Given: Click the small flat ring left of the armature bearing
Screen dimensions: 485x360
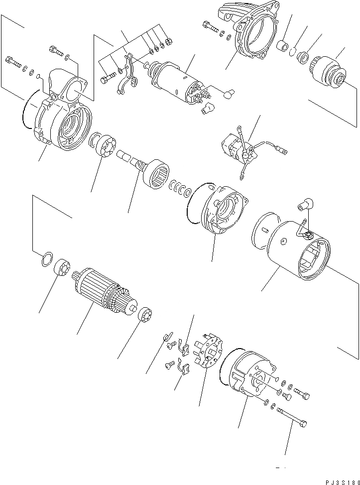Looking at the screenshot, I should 46,259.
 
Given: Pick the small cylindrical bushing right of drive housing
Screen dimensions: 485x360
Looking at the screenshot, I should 282,46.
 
